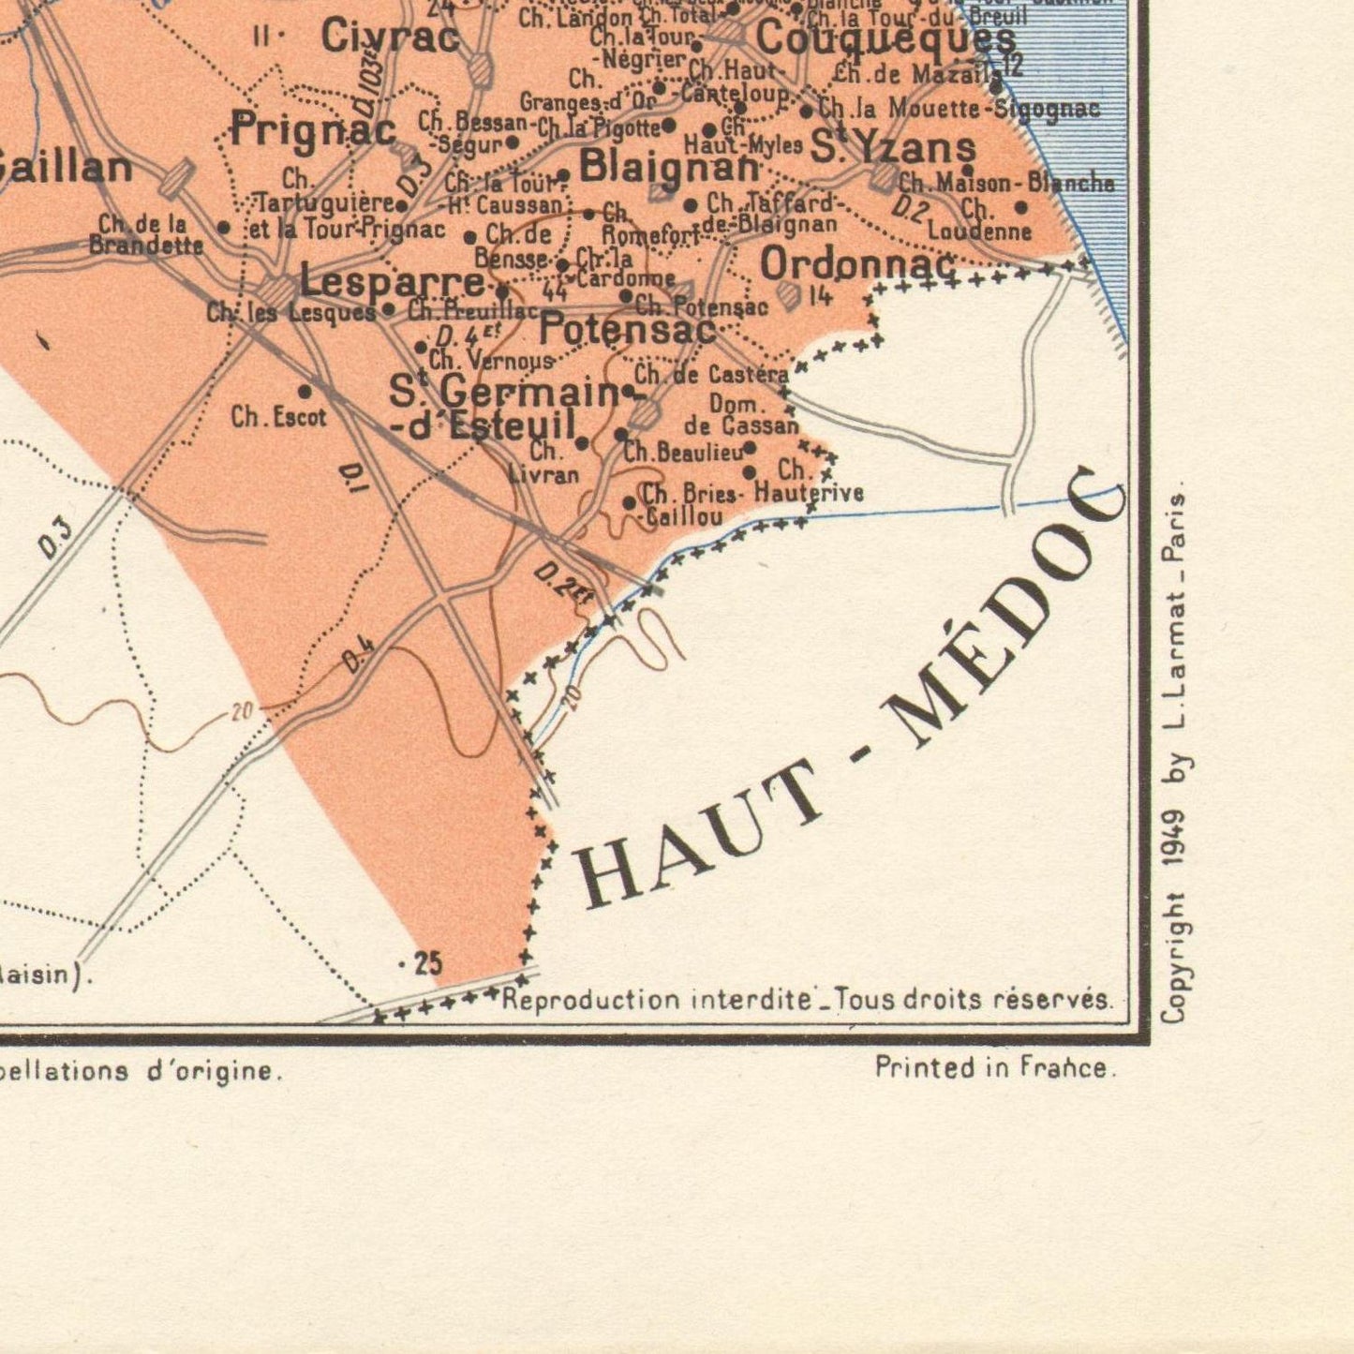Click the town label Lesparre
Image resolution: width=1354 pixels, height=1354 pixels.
[x=392, y=281]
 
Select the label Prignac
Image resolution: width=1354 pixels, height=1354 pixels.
[x=313, y=129]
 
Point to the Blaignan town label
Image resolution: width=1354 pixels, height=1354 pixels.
[x=669, y=167]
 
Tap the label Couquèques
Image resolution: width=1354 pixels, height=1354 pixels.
[x=885, y=39]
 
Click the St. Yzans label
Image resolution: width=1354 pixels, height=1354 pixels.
[x=892, y=148]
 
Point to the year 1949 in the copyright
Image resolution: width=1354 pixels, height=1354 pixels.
[x=1174, y=843]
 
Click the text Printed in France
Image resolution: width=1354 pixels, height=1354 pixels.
[x=995, y=1067]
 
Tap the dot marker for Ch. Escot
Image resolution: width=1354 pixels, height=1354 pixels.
[x=305, y=391]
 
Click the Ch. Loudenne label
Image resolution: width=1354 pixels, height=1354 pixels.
[x=979, y=221]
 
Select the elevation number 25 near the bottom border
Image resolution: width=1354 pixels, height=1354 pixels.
[x=427, y=963]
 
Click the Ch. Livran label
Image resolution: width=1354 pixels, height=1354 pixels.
[x=543, y=463]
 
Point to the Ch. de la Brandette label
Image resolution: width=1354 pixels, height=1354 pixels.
[x=145, y=235]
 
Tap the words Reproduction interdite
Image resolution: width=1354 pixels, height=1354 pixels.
[x=656, y=1000]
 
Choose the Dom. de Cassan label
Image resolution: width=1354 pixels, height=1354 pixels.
[x=740, y=415]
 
